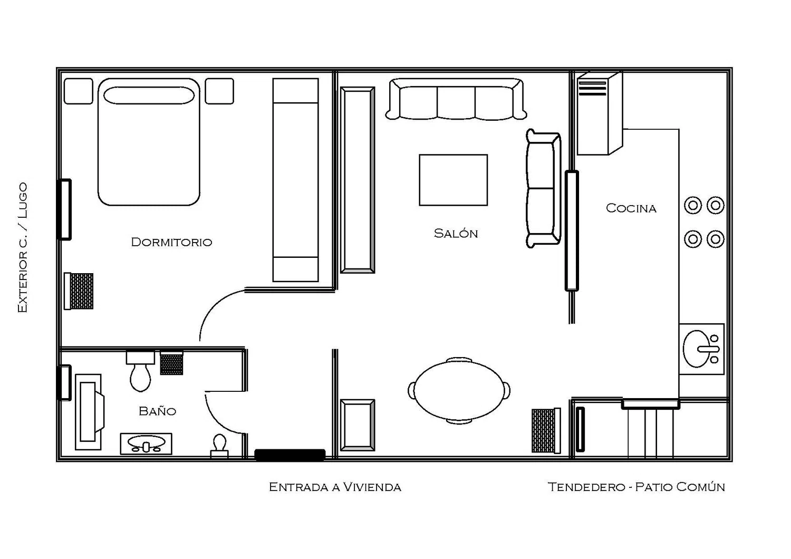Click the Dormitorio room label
click(x=171, y=242)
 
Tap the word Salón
click(x=456, y=233)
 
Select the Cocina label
click(x=631, y=208)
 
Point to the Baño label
click(x=158, y=411)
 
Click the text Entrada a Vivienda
click(x=335, y=487)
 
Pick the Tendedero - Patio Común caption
click(x=636, y=487)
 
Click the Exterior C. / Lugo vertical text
click(x=22, y=247)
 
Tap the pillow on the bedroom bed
click(x=149, y=95)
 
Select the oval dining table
click(x=459, y=391)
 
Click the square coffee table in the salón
click(x=454, y=180)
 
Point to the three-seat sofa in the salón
click(x=456, y=99)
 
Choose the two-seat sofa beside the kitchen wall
click(x=544, y=188)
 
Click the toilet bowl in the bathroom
click(x=141, y=377)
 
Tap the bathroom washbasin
click(x=146, y=444)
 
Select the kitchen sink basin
click(x=697, y=349)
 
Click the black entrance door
click(x=290, y=455)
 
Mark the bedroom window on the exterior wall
click(x=64, y=210)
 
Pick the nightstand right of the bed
click(x=219, y=91)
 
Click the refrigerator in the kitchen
click(x=600, y=113)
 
